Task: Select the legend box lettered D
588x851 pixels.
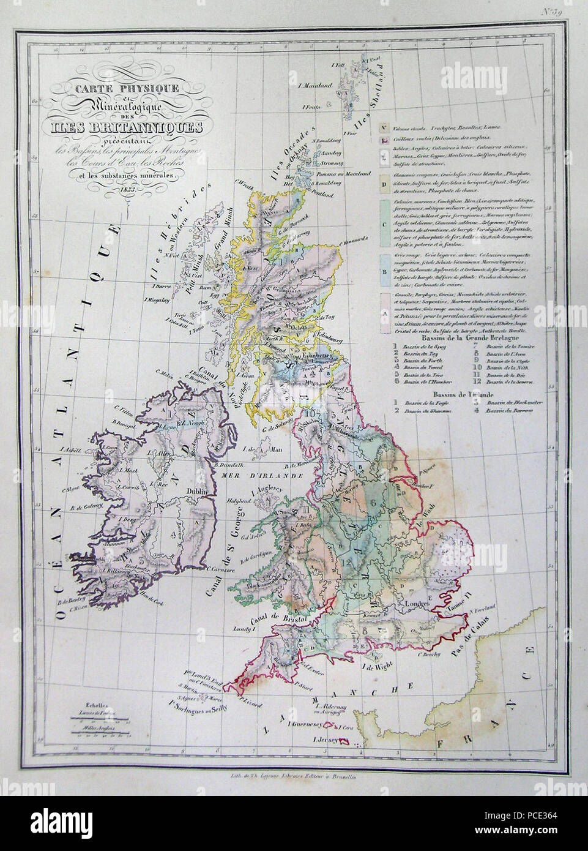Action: tap(383, 183)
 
